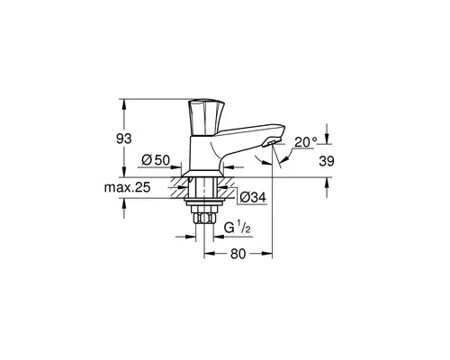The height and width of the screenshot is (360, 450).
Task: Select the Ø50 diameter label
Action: pyautogui.click(x=157, y=159)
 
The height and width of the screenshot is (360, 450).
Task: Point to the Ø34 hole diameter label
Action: pyautogui.click(x=250, y=196)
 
